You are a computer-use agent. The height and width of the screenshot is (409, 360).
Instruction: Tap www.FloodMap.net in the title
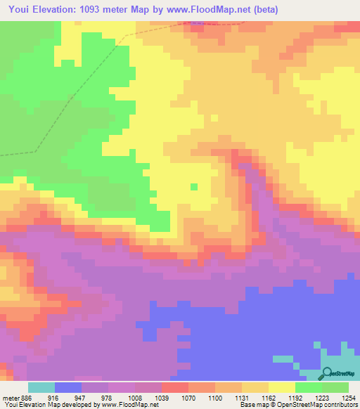coord(216,10)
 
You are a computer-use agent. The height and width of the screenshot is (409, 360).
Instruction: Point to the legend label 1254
coord(348,397)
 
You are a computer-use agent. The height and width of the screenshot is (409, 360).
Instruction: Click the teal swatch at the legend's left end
coord(41,387)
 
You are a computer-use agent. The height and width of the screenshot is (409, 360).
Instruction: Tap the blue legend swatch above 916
coord(68,387)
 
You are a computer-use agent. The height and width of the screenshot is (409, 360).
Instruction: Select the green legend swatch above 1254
coord(335,387)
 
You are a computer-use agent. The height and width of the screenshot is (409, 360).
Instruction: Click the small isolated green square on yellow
coord(194,186)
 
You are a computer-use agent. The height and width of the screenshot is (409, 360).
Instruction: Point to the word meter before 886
coord(11,397)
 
